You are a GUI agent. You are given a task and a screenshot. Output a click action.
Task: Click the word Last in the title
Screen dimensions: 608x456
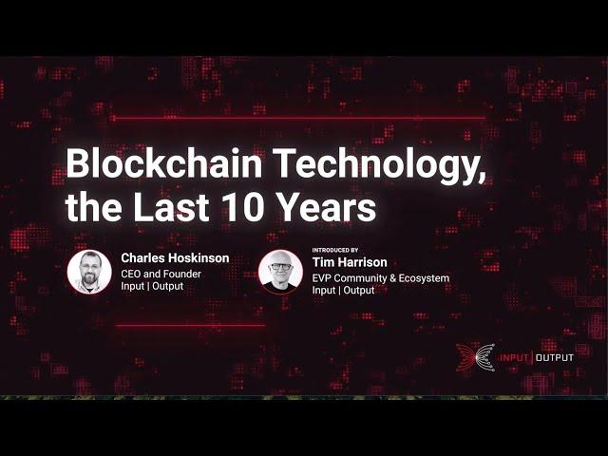(171, 207)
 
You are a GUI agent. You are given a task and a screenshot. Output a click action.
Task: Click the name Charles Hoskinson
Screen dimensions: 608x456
(175, 257)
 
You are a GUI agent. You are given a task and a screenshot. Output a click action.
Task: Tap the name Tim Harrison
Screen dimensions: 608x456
(350, 262)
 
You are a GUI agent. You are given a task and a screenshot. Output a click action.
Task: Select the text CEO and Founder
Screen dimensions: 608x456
(161, 274)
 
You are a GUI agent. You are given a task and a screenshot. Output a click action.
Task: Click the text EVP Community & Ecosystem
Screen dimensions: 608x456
(380, 278)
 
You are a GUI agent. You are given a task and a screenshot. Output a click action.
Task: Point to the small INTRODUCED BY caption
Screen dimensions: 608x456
(335, 250)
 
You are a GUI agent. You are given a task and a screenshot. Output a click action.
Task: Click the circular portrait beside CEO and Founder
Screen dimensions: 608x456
(89, 272)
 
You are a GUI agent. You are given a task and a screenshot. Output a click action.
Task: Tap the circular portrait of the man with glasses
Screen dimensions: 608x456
(280, 272)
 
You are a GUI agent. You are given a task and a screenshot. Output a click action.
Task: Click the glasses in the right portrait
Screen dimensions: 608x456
(280, 267)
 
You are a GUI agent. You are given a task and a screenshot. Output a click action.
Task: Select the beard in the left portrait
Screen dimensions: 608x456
(89, 277)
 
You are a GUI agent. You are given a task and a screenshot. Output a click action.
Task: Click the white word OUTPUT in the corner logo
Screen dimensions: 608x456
(554, 357)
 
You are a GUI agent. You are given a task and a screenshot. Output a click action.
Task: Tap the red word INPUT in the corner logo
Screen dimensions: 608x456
(514, 357)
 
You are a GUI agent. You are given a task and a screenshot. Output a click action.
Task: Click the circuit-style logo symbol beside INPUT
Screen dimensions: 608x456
(475, 357)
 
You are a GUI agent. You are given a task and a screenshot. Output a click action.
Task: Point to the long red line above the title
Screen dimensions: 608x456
(297, 118)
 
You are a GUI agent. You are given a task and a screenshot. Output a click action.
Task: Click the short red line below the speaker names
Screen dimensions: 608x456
(190, 325)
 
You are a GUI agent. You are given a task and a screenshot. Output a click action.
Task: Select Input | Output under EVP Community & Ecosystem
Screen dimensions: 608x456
(343, 290)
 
